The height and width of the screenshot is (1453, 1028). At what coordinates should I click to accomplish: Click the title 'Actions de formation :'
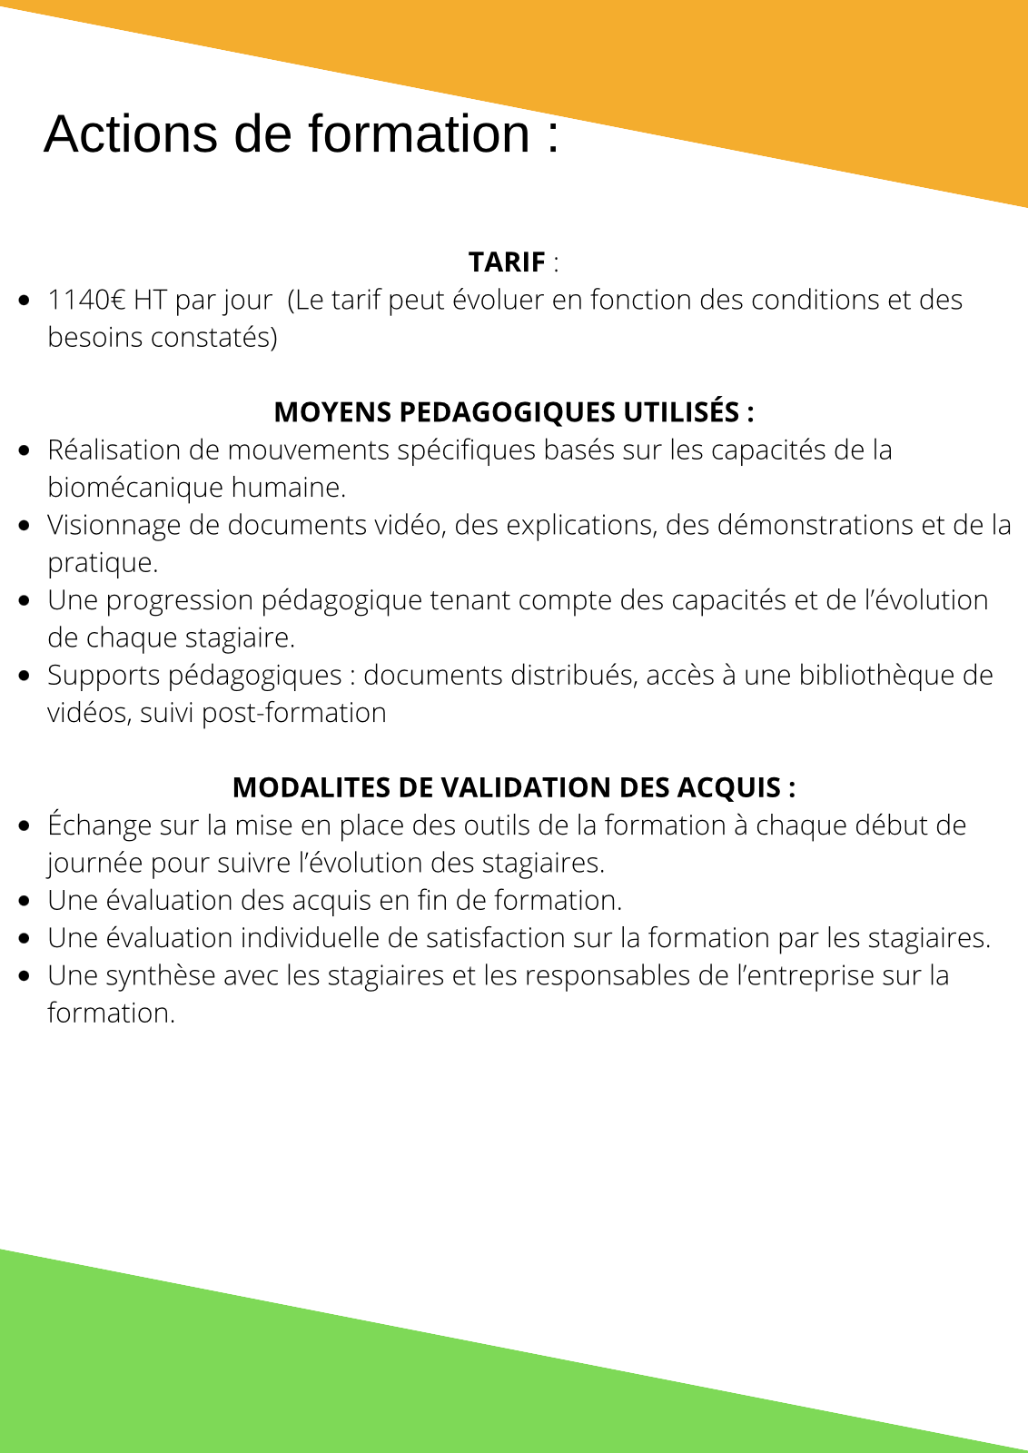(301, 134)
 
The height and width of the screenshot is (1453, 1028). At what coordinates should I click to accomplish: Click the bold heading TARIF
(507, 262)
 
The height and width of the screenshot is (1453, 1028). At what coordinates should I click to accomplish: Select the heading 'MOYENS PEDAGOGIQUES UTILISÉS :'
(514, 412)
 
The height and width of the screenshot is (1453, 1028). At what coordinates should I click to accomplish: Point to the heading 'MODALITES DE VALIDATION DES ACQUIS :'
(514, 787)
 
